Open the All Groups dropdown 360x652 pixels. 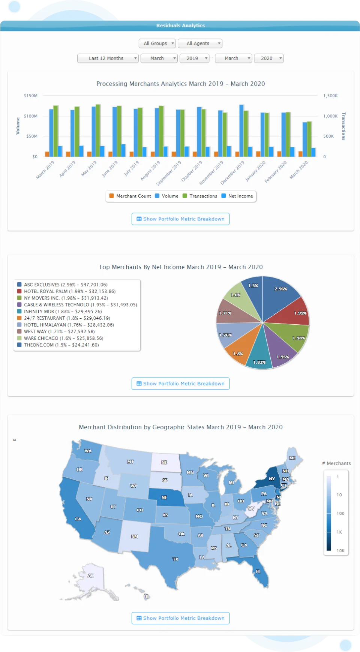[x=157, y=43]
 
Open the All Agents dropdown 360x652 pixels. [x=200, y=43]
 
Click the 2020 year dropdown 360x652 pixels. [x=268, y=58]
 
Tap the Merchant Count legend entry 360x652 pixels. [x=130, y=196]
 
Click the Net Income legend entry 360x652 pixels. [x=237, y=196]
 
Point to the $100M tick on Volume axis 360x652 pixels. [x=31, y=116]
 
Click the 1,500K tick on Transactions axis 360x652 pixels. [x=330, y=96]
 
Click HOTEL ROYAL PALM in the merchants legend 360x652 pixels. [x=46, y=291]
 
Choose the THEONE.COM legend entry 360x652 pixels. [x=39, y=345]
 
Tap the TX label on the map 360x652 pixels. [x=175, y=559]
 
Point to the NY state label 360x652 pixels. [x=272, y=479]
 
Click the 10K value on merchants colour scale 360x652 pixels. [x=340, y=551]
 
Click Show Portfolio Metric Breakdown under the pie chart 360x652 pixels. [x=180, y=384]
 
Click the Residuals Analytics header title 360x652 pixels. [x=180, y=25]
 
